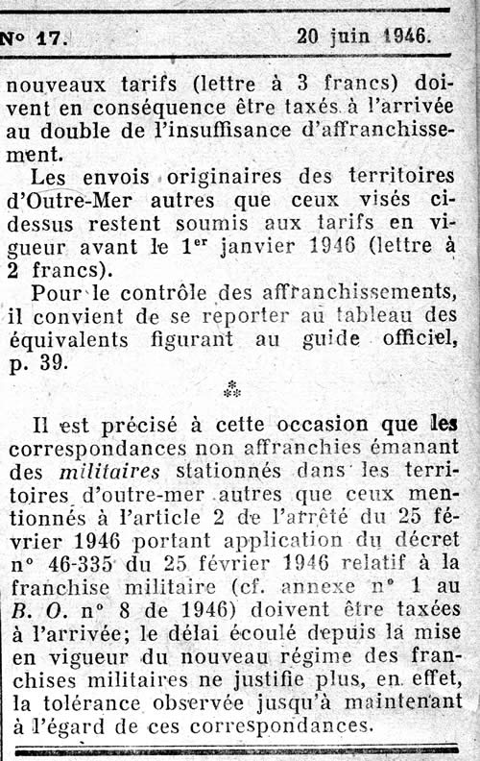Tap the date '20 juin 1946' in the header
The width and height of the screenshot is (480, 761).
click(x=364, y=37)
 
